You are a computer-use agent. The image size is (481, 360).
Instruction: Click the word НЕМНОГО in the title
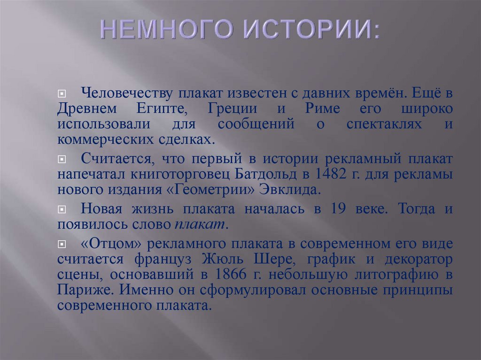(165, 31)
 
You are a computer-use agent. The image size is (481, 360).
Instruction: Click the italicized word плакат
(201, 224)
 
